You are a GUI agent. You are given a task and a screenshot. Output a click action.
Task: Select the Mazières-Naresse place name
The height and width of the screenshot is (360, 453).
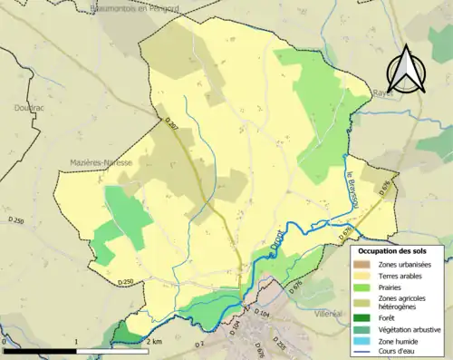101,162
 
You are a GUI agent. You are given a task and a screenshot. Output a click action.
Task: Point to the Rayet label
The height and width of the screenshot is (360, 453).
383,93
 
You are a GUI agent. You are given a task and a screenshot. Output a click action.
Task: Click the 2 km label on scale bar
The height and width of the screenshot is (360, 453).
155,341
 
